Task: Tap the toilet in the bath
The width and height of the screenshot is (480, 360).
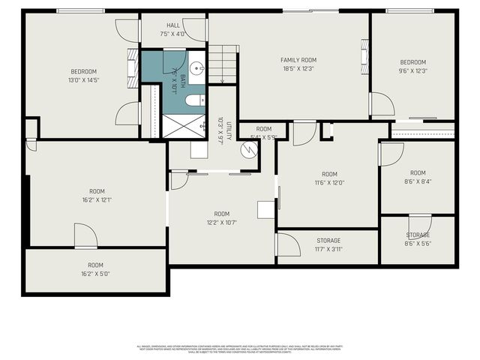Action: (193, 100)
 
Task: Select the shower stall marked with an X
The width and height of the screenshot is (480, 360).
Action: (184, 125)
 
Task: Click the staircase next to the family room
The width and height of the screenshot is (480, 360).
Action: (223, 63)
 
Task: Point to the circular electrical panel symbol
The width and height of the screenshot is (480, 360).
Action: (248, 149)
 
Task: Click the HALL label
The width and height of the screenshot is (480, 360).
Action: (173, 25)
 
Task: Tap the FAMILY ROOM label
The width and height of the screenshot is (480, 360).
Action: (298, 60)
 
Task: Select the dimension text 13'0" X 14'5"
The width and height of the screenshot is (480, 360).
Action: (84, 80)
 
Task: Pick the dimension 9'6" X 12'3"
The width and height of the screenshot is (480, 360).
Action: (412, 71)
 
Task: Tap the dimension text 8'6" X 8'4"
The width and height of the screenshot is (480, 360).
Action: (417, 181)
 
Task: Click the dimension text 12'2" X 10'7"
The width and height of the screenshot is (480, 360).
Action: (221, 223)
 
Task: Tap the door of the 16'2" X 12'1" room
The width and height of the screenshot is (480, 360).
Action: (85, 235)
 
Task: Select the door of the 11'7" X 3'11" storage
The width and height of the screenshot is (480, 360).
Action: (288, 244)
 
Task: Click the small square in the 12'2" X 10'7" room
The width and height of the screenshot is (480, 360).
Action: (266, 209)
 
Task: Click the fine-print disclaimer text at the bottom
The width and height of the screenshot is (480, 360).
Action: (240, 349)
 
